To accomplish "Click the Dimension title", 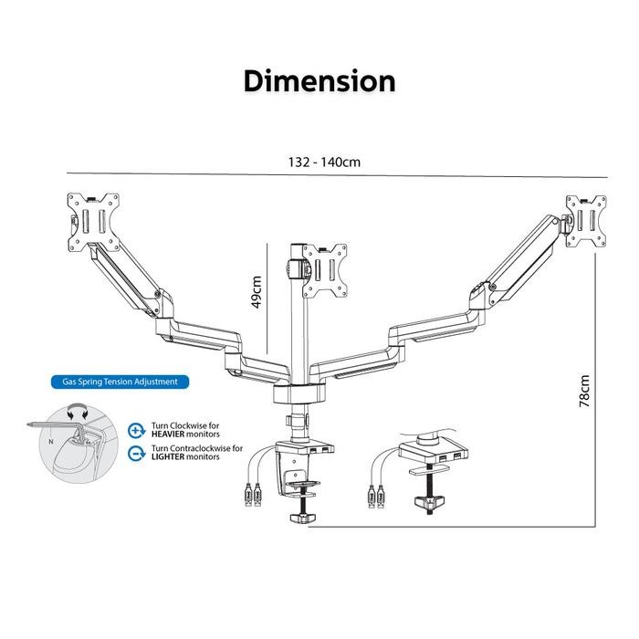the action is pyautogui.click(x=319, y=81).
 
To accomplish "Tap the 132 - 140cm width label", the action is pyautogui.click(x=324, y=162).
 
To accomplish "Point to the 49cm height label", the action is pyautogui.click(x=257, y=292).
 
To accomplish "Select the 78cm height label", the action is pyautogui.click(x=584, y=391).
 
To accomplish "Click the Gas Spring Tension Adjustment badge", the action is pyautogui.click(x=120, y=382).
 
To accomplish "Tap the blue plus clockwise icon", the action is pyautogui.click(x=137, y=430).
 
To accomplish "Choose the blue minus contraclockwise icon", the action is pyautogui.click(x=137, y=453).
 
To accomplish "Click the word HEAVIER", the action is pyautogui.click(x=168, y=435).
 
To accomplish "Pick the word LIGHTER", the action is pyautogui.click(x=168, y=456).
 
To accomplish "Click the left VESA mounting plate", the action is pyautogui.click(x=93, y=222).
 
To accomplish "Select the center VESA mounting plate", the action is pyautogui.click(x=325, y=270).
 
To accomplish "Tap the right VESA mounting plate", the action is pyautogui.click(x=586, y=221).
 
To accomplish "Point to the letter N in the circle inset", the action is pyautogui.click(x=51, y=441).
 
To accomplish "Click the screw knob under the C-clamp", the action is pyautogui.click(x=303, y=518).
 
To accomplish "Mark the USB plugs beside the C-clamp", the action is pyautogui.click(x=252, y=495).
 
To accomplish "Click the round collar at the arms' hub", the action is pyautogui.click(x=299, y=393).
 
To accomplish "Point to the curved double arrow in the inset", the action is pyautogui.click(x=78, y=411).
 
